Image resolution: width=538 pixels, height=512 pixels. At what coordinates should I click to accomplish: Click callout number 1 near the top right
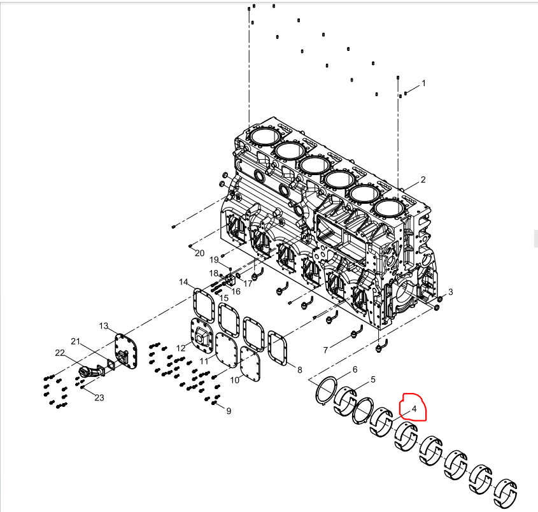coord(423,83)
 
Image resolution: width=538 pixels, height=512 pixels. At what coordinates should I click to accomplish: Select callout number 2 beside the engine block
coord(423,180)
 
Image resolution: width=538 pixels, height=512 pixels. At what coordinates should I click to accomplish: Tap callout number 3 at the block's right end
coord(451,292)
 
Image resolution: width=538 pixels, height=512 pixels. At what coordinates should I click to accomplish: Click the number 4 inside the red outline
coord(414,409)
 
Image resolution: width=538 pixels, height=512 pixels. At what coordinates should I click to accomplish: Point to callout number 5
coord(373,380)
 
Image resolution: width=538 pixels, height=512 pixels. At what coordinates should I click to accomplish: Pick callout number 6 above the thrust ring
coord(355,369)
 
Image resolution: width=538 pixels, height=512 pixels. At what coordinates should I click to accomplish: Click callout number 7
coord(325,350)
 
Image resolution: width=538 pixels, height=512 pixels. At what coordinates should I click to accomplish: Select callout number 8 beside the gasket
coord(299,369)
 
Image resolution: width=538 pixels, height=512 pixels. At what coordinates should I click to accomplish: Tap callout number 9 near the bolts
coord(229,411)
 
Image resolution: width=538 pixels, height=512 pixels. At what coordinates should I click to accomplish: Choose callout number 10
coord(235,380)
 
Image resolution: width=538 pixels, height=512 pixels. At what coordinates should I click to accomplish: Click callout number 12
coord(181,348)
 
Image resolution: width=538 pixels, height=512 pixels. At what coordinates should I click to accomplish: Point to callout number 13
coord(104,325)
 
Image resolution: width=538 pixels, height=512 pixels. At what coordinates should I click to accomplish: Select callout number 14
coord(183,281)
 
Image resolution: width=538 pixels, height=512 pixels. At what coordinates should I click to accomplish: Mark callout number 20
coord(200,253)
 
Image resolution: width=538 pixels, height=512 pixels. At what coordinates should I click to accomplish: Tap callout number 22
coord(60,353)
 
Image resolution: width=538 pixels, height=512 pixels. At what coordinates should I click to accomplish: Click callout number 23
coord(99,397)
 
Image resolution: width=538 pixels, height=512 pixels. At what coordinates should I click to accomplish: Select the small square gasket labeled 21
coord(111,365)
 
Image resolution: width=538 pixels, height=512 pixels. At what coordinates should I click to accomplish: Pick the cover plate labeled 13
coord(125,352)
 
